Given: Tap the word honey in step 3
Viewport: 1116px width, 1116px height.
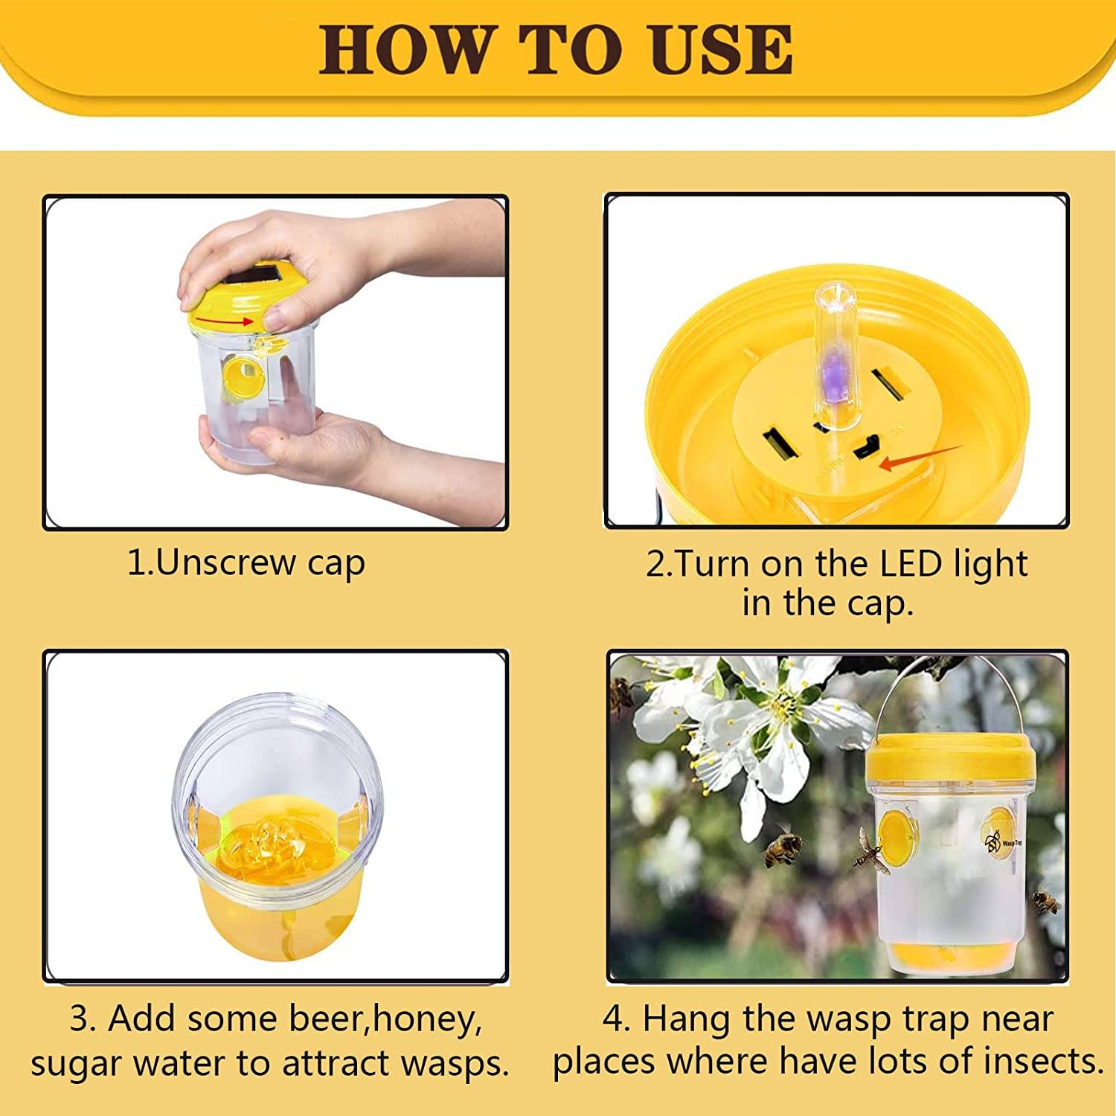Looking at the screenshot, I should pos(426,1019).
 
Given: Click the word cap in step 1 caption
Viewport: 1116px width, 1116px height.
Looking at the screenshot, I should pos(336,563).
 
